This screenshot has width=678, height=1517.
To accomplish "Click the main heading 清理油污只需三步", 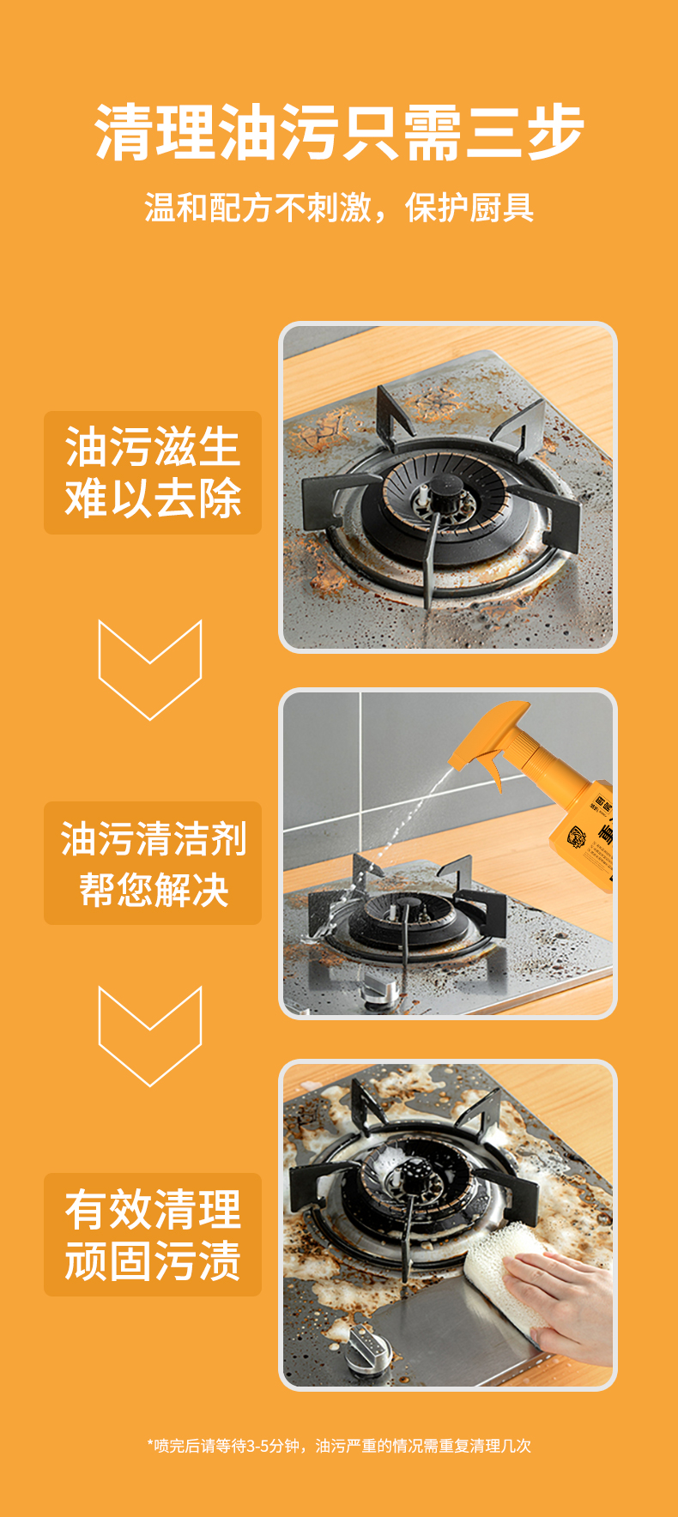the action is pos(339,132).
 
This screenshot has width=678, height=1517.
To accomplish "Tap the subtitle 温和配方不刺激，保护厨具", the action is pos(339,208).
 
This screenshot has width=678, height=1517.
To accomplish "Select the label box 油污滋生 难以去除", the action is pos(153,473).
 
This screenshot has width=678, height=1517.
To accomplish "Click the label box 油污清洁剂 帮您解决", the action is pos(153,863).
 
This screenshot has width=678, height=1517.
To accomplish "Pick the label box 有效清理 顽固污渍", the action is pos(153,1235).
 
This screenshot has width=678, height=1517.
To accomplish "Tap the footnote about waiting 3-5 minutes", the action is pos(339,1446).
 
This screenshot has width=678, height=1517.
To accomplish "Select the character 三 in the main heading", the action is pos(493,132).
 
